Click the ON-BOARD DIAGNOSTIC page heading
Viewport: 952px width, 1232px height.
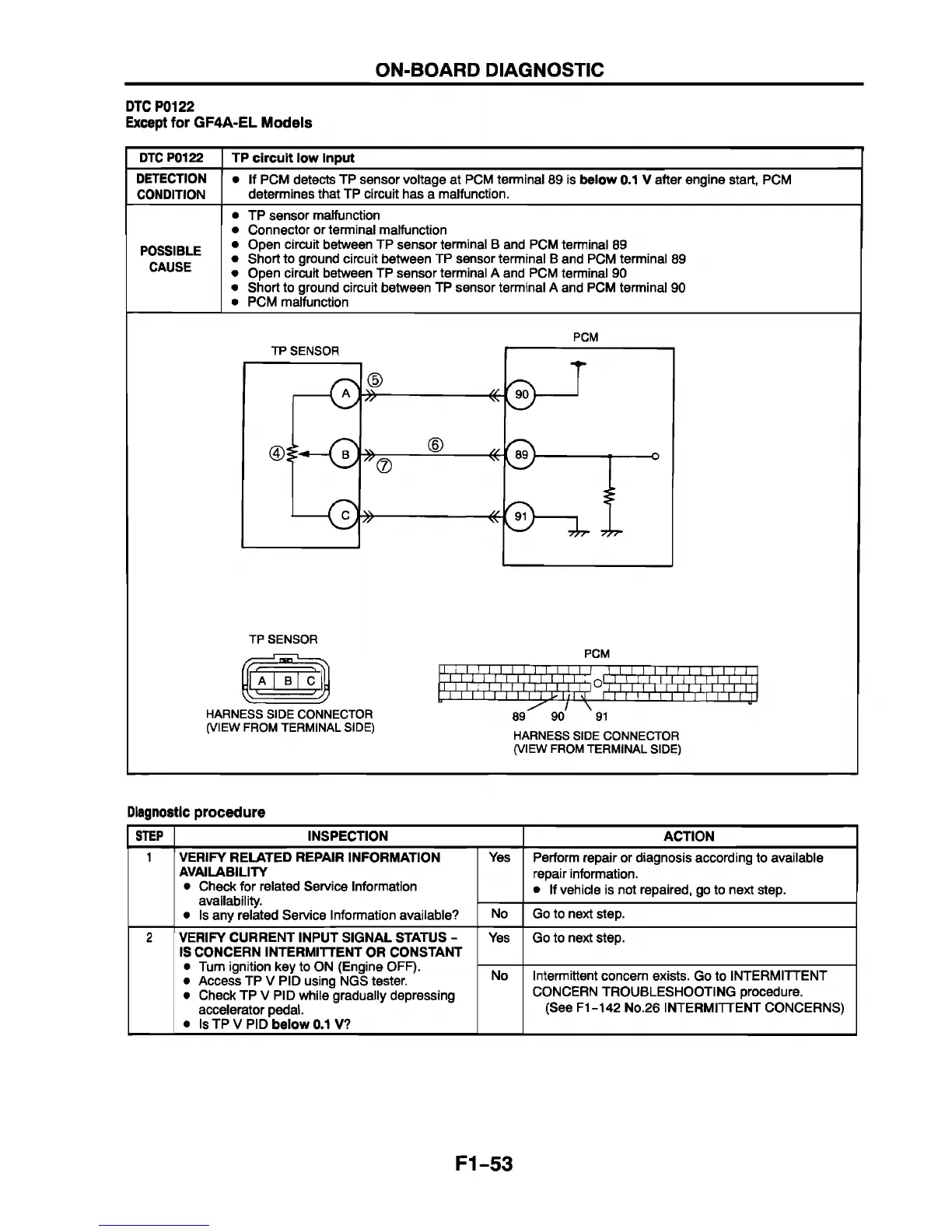tap(489, 70)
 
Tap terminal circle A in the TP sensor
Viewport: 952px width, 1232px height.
tap(344, 394)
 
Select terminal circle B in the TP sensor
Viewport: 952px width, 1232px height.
tap(344, 454)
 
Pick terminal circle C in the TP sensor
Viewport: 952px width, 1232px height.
tap(344, 515)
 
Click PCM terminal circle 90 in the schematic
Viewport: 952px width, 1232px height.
tap(522, 394)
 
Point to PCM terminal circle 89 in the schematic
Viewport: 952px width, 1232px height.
tap(522, 455)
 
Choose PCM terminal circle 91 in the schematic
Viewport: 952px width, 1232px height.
tap(522, 516)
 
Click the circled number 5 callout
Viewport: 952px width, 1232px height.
tap(375, 380)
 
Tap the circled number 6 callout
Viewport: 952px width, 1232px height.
tap(436, 445)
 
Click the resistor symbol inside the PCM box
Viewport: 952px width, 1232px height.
tap(611, 495)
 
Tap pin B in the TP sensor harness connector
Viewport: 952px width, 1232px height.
tap(286, 682)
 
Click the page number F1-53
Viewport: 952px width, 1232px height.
tap(485, 1164)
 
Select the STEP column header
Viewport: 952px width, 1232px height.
tap(149, 836)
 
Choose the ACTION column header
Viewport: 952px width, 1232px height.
tap(688, 836)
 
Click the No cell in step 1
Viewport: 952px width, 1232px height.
tap(499, 914)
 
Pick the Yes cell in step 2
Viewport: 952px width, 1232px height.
tap(499, 938)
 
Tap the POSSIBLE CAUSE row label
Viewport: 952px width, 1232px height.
tap(170, 259)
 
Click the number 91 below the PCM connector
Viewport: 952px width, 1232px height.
tap(600, 716)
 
